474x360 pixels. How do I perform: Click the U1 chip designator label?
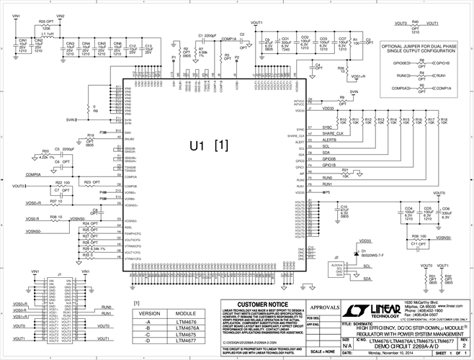click(x=200, y=145)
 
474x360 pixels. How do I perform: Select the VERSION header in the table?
click(x=149, y=315)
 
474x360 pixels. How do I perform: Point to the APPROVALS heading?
click(x=323, y=306)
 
